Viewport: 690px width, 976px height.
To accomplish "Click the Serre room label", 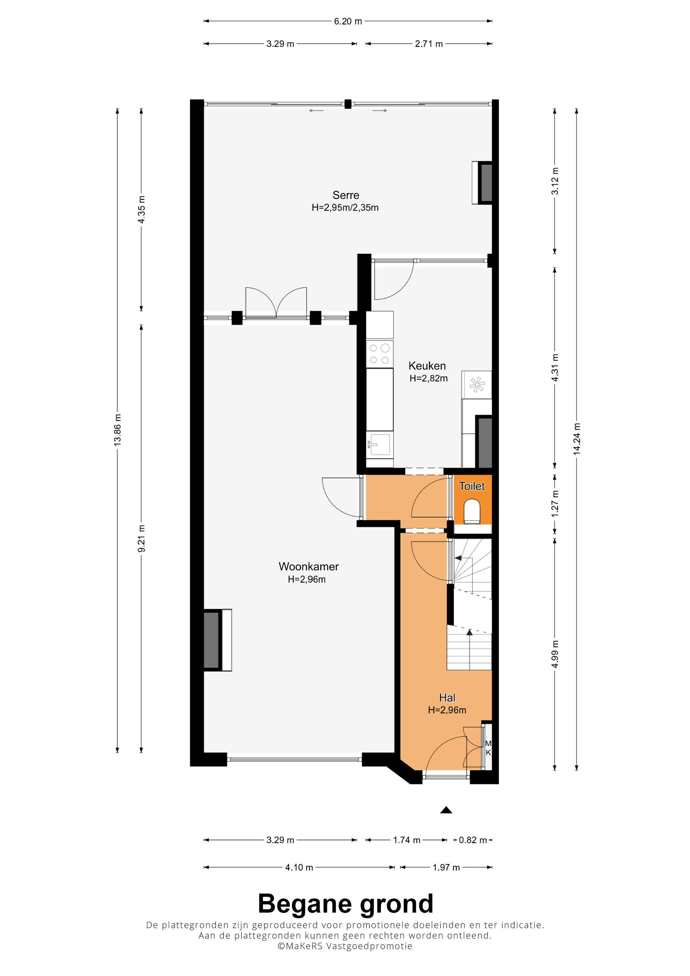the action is (346, 195).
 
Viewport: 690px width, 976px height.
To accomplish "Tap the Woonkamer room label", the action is (309, 567).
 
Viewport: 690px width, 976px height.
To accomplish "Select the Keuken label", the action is (427, 366).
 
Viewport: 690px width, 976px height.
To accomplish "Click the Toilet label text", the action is (472, 486).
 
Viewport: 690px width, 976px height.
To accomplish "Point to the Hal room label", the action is (447, 697).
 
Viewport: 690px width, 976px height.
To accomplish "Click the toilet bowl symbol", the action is (472, 511).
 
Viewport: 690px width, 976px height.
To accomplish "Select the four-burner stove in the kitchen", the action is (379, 354).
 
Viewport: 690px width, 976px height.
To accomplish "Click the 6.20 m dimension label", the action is (348, 21).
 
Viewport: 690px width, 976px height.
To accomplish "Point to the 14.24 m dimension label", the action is (577, 439).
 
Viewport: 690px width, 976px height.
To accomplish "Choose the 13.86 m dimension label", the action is (117, 430).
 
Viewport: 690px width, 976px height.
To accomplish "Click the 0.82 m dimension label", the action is (473, 840).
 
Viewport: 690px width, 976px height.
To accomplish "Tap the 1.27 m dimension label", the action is (555, 504).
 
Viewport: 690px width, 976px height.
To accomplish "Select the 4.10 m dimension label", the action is (299, 867).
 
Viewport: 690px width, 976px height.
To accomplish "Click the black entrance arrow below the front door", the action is (446, 810).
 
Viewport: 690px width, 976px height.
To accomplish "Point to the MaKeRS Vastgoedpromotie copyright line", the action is (345, 946).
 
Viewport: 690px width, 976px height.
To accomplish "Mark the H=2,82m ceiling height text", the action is (428, 378).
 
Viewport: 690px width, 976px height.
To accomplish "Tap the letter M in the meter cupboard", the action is (488, 743).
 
